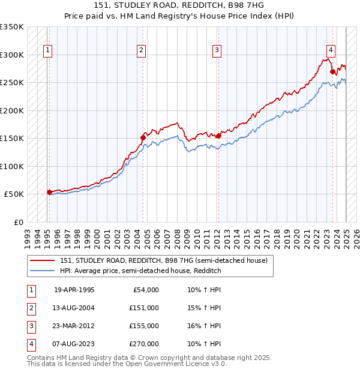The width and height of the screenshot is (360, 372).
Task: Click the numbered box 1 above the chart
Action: tap(47, 50)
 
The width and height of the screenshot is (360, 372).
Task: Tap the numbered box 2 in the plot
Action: tap(141, 50)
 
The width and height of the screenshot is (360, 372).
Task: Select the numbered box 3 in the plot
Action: tap(217, 50)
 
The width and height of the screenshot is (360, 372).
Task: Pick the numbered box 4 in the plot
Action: tap(331, 50)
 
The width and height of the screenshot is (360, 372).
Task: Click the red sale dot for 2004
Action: tap(143, 137)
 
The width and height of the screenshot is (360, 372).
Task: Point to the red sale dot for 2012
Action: tap(218, 136)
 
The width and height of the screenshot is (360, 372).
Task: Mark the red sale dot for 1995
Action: tap(49, 192)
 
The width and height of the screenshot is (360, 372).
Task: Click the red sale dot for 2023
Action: tap(332, 71)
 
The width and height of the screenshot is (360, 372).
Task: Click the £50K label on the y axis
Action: tap(14, 194)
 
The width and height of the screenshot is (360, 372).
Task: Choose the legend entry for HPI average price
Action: tap(140, 271)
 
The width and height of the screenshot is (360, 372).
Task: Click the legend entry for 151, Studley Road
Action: tap(167, 260)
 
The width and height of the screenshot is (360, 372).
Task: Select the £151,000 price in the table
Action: tap(145, 308)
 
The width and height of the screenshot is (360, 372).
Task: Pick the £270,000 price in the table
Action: tap(145, 344)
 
